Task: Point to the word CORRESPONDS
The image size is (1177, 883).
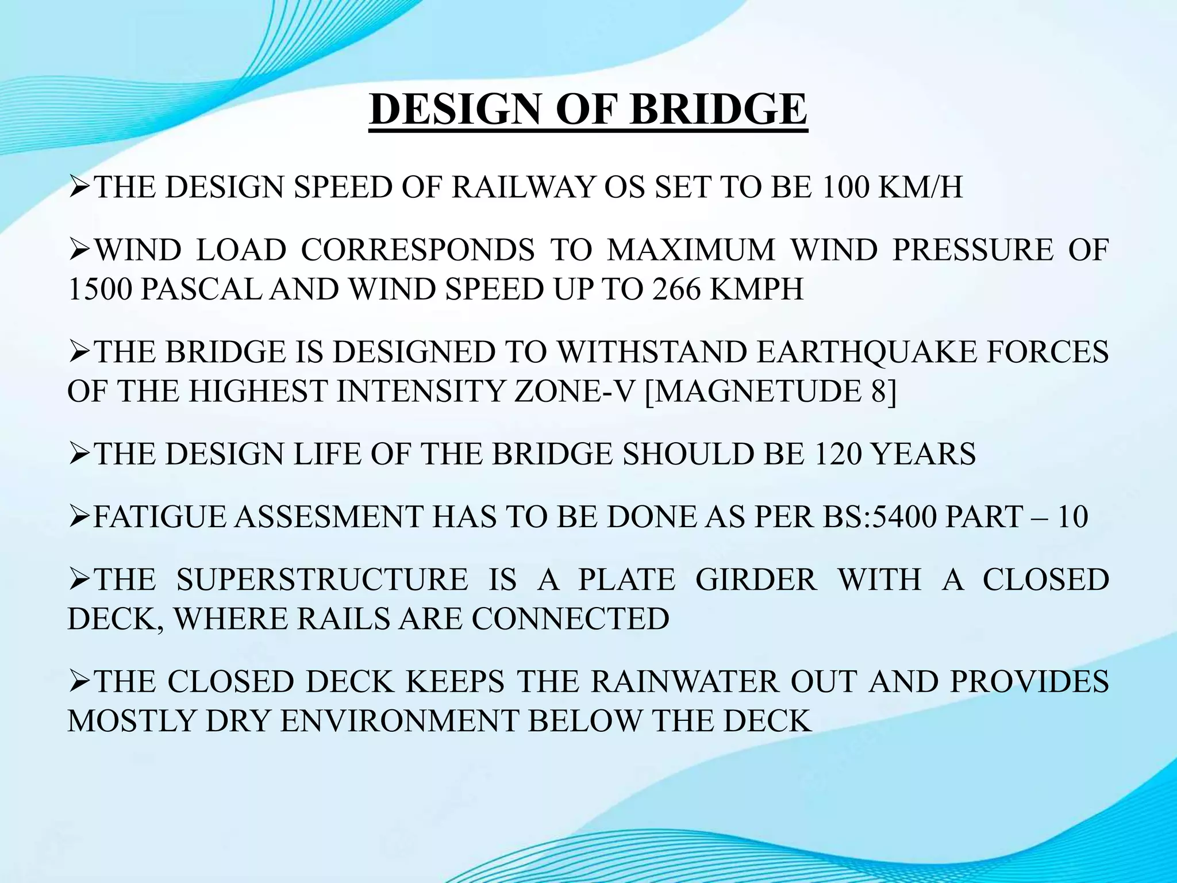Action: click(x=418, y=250)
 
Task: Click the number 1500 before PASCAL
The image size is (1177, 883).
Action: click(x=100, y=289)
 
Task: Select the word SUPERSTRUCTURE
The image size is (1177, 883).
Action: click(x=322, y=579)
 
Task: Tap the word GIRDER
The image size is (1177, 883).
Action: click(x=756, y=579)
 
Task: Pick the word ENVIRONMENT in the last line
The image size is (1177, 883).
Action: click(x=399, y=721)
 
